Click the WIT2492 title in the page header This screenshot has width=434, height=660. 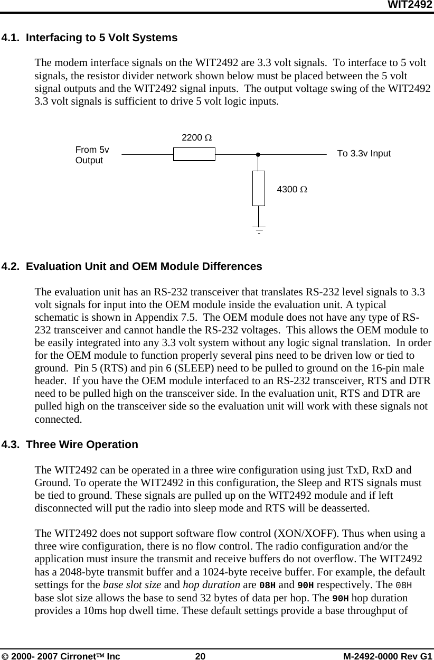point(410,5)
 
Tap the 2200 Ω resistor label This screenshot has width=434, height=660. point(197,138)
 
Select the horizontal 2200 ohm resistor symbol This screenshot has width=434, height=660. point(194,154)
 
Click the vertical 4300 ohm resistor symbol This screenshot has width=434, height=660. point(259,188)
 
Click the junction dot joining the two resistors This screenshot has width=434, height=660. point(259,155)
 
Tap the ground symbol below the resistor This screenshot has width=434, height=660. point(259,229)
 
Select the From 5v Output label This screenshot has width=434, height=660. point(92,155)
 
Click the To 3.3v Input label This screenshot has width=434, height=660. point(364,154)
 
